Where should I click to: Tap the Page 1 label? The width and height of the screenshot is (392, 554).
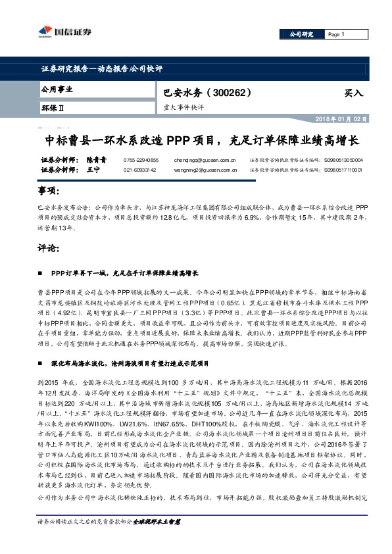point(336,34)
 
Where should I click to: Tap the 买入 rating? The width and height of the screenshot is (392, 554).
point(353,93)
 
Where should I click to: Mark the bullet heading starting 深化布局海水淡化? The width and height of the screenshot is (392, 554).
point(135,344)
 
